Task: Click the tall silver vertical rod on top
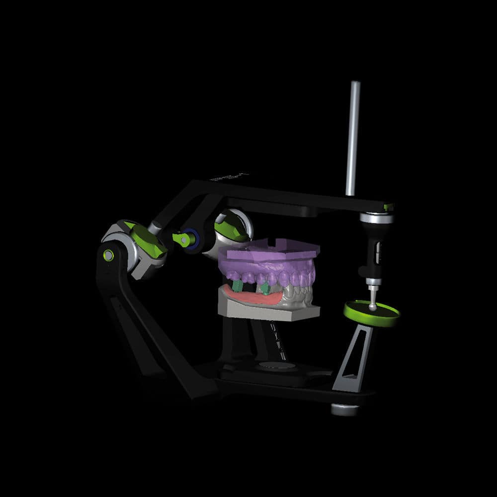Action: point(353,139)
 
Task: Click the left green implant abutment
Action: point(238,285)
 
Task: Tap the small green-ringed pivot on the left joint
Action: point(107,255)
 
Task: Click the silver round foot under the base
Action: point(344,409)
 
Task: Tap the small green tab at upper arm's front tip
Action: point(389,206)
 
